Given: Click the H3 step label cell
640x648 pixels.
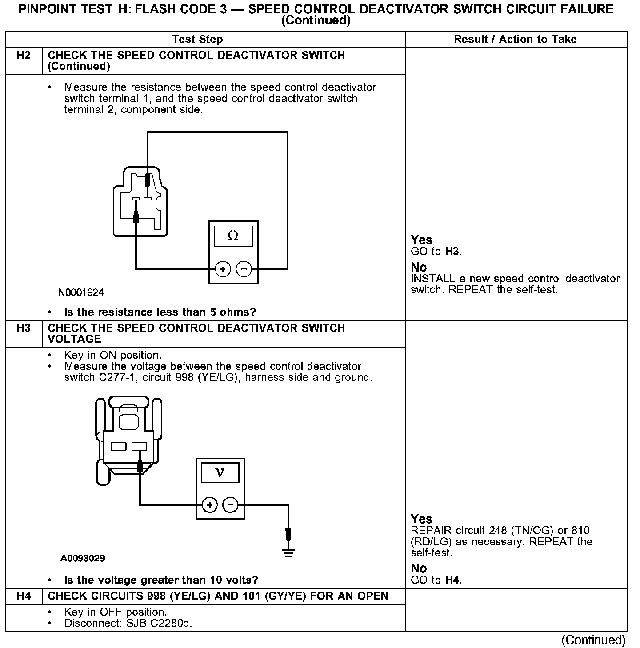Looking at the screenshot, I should (x=24, y=328).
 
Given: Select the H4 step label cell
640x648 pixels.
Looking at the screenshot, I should (x=24, y=596).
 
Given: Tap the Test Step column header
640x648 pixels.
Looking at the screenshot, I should (x=197, y=40).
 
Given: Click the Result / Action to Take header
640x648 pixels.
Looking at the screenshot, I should (x=515, y=40).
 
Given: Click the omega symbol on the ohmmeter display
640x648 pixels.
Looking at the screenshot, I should (x=233, y=236).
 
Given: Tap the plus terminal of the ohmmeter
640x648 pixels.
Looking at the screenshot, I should (x=223, y=269).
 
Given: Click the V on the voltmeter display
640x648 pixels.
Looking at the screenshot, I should (x=220, y=472).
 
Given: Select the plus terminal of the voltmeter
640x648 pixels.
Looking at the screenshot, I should (x=209, y=505).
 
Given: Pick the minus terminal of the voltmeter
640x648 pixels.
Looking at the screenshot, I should (x=230, y=505).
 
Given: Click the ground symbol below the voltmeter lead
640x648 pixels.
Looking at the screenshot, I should (x=288, y=553).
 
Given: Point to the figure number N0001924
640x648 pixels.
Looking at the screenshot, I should (x=81, y=292).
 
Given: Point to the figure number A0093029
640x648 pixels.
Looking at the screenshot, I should (x=83, y=558).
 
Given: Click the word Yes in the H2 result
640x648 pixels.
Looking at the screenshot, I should (x=421, y=240).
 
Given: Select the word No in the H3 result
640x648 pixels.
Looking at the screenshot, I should (x=419, y=568).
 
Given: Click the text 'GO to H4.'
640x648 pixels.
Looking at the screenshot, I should (x=436, y=580).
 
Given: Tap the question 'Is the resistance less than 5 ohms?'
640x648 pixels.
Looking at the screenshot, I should (x=160, y=312).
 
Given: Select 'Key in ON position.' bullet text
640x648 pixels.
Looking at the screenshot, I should (x=113, y=355).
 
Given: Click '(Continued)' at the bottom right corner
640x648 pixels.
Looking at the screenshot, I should (x=593, y=640).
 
